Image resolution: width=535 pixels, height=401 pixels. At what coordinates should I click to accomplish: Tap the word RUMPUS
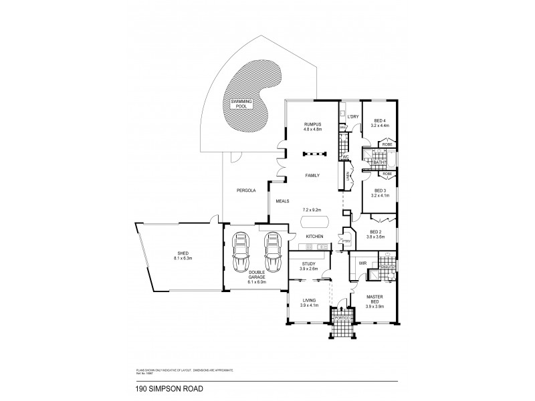(313, 124)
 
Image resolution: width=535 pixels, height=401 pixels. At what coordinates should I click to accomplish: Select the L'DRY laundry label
(354, 117)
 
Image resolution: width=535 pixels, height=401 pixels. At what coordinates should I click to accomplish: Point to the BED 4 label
(380, 120)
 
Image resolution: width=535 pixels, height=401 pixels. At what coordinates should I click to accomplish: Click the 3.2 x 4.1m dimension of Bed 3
(380, 196)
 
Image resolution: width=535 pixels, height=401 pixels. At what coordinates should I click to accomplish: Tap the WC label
(346, 157)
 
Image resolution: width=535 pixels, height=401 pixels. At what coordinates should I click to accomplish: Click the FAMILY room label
(312, 175)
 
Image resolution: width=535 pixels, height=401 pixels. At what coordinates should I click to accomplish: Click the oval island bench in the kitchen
(312, 222)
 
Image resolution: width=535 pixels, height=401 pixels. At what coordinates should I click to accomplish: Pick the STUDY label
(308, 264)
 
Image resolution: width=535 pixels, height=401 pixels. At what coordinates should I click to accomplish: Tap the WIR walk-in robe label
(362, 263)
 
